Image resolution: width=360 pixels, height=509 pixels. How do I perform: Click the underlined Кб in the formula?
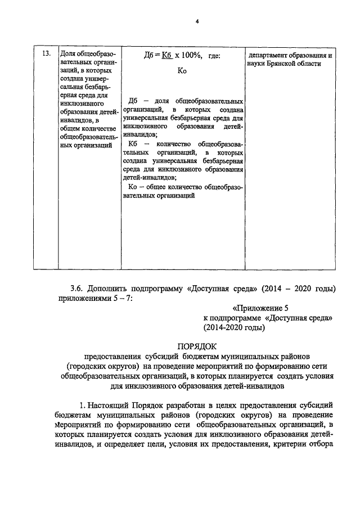(165, 56)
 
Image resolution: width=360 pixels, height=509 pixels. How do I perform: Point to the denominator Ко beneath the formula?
(182, 71)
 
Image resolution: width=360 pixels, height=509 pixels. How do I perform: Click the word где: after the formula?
(214, 56)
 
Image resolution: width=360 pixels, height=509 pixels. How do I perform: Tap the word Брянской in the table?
(282, 64)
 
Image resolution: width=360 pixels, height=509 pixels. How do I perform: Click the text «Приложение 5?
(260, 308)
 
